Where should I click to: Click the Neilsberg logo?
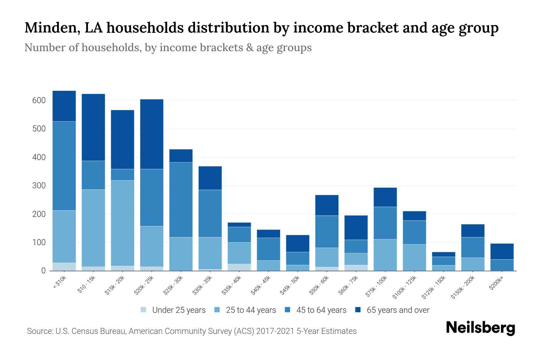click(x=481, y=328)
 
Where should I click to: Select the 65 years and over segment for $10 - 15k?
click(x=93, y=127)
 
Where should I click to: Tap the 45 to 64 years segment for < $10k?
click(x=64, y=166)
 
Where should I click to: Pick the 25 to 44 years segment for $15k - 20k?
click(x=123, y=223)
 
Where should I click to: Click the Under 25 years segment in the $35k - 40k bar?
click(x=239, y=267)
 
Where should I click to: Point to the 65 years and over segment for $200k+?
click(x=502, y=251)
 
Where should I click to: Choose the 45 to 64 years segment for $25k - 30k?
click(x=181, y=200)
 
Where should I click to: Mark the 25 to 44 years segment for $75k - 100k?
click(x=385, y=255)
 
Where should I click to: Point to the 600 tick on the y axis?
click(x=39, y=100)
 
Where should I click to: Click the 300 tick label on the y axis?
click(x=39, y=186)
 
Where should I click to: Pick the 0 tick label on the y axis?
click(x=43, y=271)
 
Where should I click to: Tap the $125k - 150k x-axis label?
click(x=436, y=288)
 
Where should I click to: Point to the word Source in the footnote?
click(x=39, y=331)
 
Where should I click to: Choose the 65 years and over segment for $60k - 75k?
click(x=356, y=227)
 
